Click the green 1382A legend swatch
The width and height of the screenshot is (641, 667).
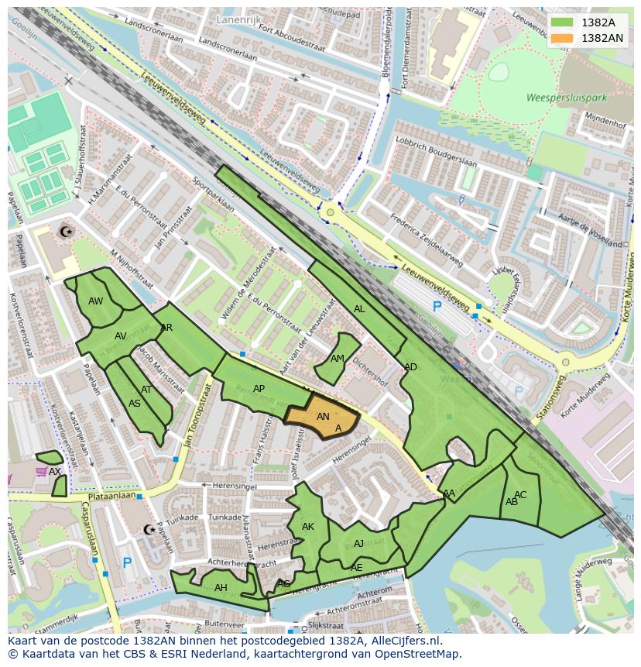[x=563, y=22]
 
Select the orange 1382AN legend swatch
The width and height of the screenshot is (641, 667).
[x=563, y=37]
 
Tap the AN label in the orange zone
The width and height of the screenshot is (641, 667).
[x=324, y=416]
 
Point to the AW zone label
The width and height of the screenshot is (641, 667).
[x=95, y=301]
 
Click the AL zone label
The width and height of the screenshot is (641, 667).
[x=359, y=309]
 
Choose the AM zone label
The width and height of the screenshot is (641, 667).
[x=338, y=359]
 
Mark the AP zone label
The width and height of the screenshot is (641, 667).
[x=259, y=389]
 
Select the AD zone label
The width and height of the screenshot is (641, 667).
[x=410, y=367]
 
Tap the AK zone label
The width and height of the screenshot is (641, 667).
[x=308, y=527]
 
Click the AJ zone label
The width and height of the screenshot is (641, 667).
[x=358, y=544]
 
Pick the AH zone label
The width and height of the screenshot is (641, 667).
[x=221, y=588]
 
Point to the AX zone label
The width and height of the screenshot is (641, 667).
[x=54, y=471]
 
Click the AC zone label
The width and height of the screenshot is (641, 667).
[x=520, y=495]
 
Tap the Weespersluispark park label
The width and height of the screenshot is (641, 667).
[x=554, y=98]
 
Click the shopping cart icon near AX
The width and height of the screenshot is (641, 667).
[x=40, y=471]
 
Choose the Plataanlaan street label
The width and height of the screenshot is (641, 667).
[x=111, y=494]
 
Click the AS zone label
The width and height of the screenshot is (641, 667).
[x=135, y=404]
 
